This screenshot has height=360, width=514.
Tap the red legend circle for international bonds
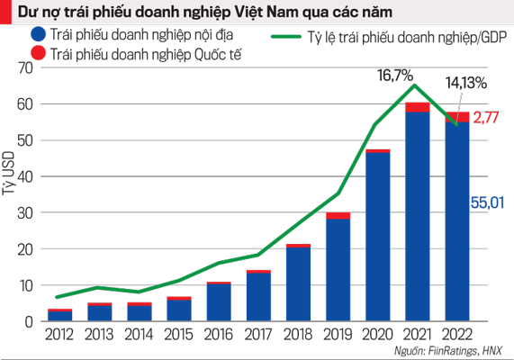click(x=38, y=54)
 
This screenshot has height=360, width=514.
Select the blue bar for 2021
click(x=417, y=216)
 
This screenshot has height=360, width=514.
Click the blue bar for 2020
click(x=377, y=238)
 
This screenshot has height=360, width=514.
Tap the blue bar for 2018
click(x=298, y=284)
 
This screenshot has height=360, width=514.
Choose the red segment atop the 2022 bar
click(x=456, y=117)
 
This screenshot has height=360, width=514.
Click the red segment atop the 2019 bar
click(x=338, y=216)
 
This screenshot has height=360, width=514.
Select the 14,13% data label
click(x=466, y=83)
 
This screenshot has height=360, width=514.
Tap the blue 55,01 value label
click(x=486, y=204)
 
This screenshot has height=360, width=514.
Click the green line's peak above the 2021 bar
click(x=415, y=85)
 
